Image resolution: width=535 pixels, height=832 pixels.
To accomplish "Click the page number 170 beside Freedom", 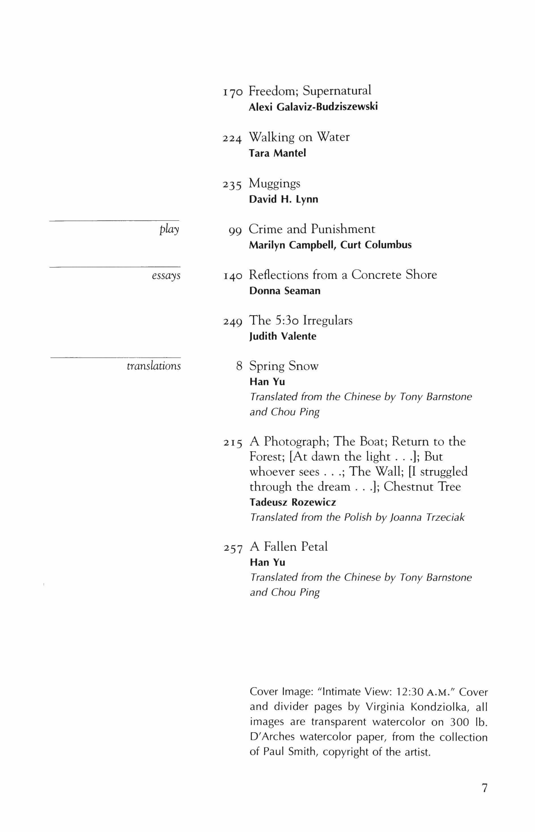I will point(232,92).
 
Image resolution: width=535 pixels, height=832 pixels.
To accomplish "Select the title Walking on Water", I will point(299,137).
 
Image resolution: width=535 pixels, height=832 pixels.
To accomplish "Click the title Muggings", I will point(275,183).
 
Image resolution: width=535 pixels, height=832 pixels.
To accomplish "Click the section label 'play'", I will point(169,230).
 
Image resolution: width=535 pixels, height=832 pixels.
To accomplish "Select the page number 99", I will point(235,230).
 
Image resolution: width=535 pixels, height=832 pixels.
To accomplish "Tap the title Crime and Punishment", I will point(312,229).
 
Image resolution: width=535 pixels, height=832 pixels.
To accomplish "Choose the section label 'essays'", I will point(166,276).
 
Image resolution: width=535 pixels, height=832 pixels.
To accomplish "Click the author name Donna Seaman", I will point(285,291).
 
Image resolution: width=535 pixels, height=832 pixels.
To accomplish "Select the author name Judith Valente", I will point(283,336).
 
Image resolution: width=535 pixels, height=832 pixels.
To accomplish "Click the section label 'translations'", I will point(154,366).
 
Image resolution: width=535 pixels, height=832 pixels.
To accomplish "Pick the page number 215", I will point(232,443).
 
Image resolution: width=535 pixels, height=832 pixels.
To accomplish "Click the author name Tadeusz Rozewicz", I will point(293,502).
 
